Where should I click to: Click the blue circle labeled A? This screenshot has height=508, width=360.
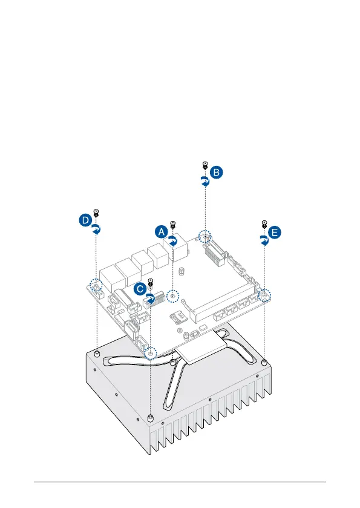pos(161,232)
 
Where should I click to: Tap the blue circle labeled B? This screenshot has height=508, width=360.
pos(216,172)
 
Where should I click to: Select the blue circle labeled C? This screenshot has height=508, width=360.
pos(140,289)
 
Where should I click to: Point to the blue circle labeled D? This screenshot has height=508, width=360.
pos(85,220)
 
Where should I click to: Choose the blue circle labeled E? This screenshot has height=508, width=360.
pos(275,233)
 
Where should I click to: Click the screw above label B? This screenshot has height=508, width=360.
pos(205,165)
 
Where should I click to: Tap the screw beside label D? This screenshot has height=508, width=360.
pos(96,213)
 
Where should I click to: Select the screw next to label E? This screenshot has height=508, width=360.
pos(264,224)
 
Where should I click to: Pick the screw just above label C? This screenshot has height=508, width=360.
pos(150,282)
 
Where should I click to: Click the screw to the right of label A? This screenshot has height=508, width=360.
pos(173,225)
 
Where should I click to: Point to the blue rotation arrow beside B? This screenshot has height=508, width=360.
pos(205,182)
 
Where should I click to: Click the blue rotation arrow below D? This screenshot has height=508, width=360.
pos(96,229)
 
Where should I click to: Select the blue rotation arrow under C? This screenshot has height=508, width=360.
pos(150,299)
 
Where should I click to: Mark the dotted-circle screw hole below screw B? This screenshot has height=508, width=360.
pos(205,237)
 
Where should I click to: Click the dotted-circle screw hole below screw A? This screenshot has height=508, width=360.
pos(173,296)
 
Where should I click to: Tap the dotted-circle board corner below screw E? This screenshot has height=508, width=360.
pos(264,295)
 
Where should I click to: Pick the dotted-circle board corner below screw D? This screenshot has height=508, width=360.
pos(96,285)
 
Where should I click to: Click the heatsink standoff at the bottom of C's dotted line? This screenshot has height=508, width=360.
pos(149,418)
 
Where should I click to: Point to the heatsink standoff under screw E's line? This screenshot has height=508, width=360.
pos(264,361)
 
